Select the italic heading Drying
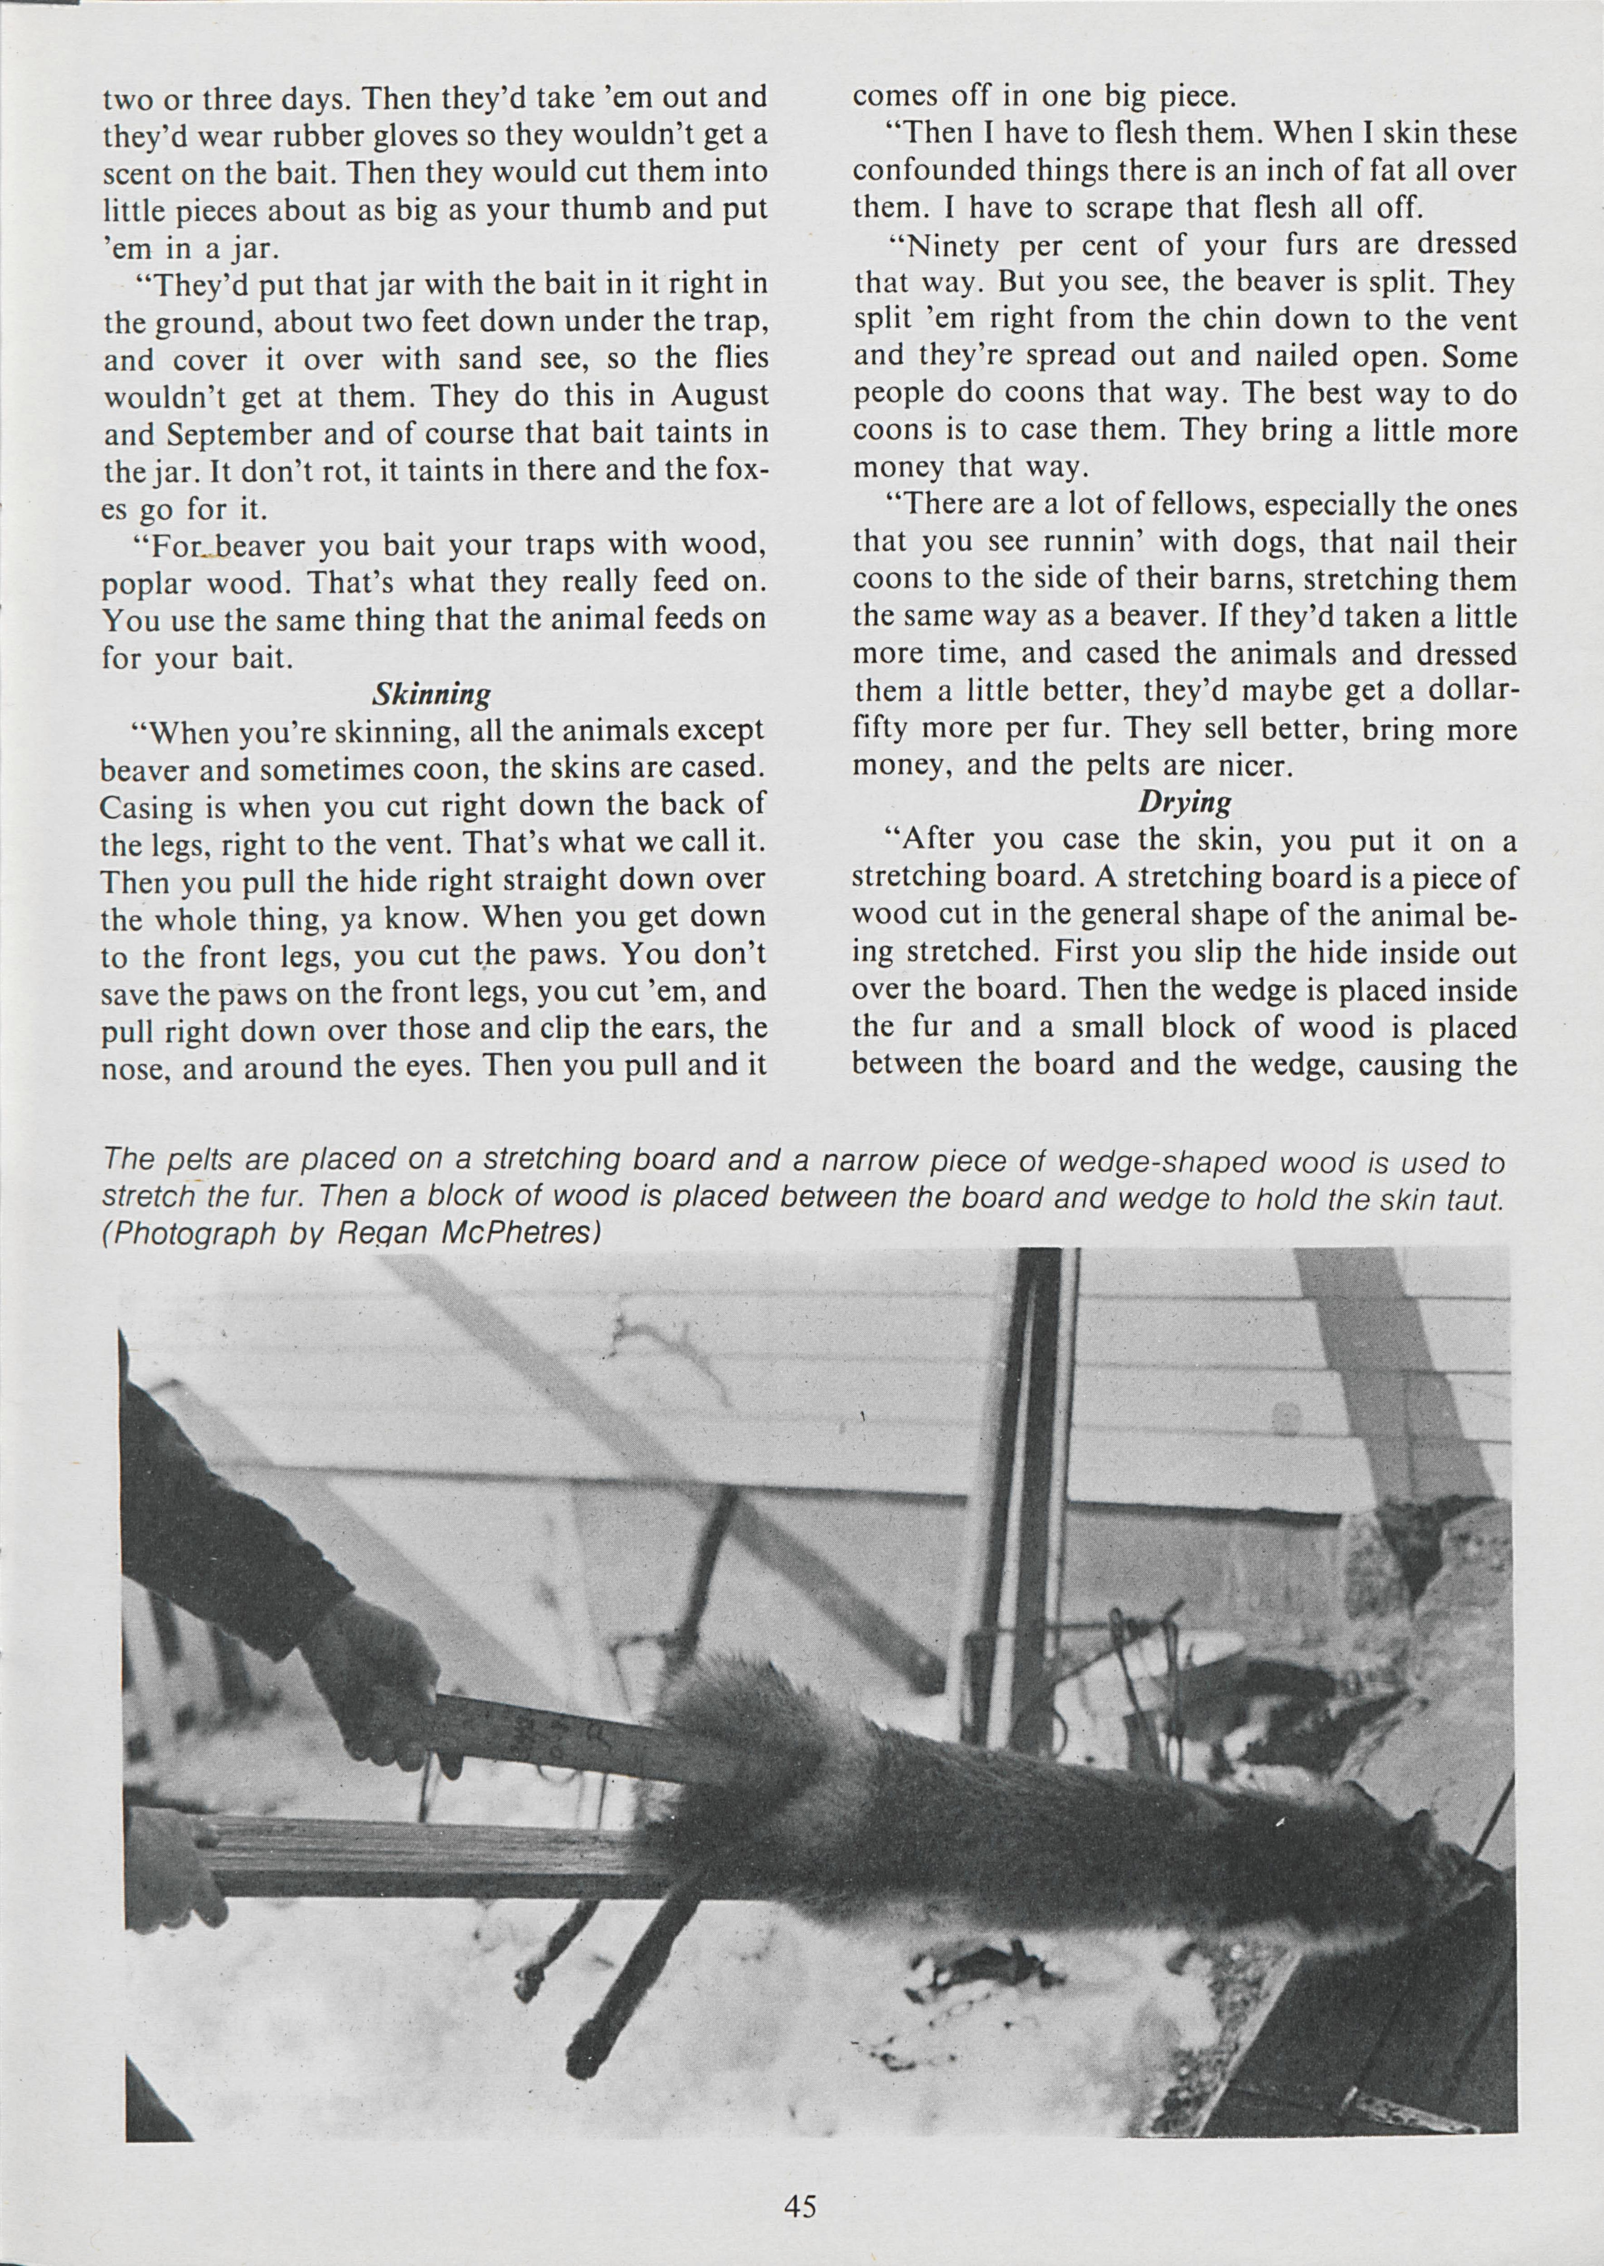(1184, 802)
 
